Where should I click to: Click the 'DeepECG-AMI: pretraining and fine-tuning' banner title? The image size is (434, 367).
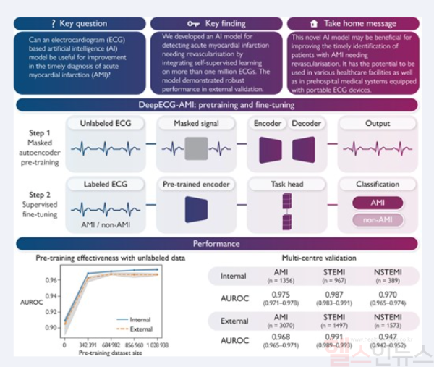(216, 106)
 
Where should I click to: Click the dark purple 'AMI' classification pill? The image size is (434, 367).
(377, 203)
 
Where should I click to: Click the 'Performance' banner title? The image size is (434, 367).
(216, 243)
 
